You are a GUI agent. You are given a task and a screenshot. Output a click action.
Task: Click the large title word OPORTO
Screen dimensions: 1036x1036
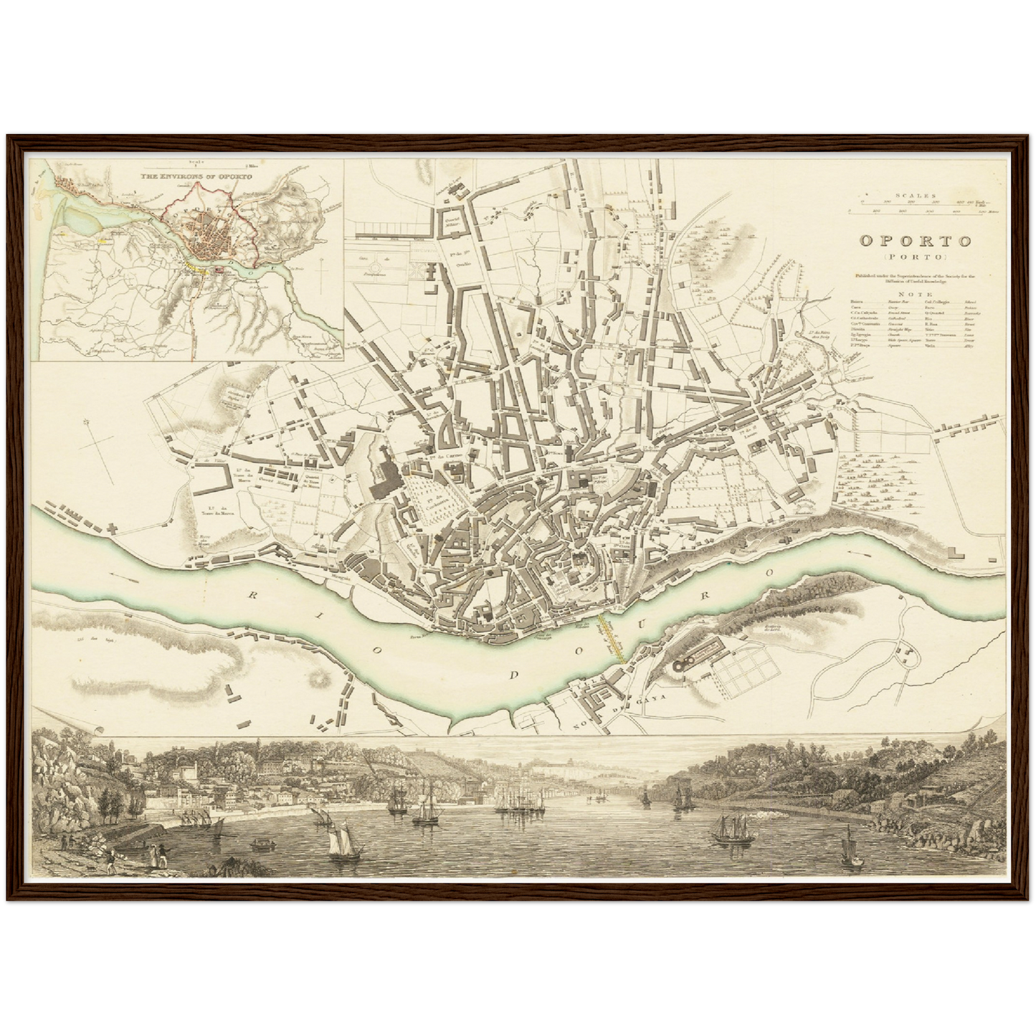(x=916, y=241)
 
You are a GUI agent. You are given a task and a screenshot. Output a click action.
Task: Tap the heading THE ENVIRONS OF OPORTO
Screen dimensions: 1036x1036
(x=191, y=176)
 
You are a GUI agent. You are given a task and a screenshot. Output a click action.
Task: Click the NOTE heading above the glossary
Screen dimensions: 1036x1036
(x=916, y=294)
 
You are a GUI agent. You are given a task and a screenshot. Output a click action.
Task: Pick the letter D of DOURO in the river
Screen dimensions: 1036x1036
(x=513, y=675)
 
